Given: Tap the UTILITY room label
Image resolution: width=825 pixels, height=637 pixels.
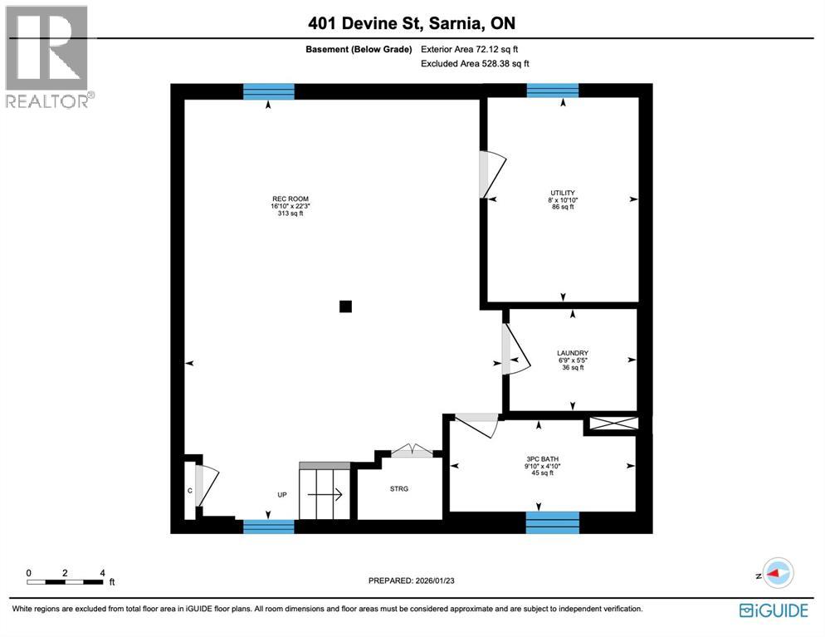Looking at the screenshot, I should point(563,193).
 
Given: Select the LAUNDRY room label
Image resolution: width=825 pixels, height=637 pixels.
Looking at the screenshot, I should point(572,353).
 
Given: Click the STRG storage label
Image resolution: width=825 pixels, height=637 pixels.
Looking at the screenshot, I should point(398,488).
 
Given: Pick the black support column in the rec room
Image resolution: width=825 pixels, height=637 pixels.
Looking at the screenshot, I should point(346,306).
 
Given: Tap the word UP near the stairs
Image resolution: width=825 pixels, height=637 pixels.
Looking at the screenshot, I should point(282,495).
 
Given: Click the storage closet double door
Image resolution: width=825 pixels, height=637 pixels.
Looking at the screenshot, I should point(412,452).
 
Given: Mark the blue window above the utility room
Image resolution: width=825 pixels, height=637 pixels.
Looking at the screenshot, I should point(552,91).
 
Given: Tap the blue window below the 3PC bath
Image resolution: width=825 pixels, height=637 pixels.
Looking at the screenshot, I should point(552,522).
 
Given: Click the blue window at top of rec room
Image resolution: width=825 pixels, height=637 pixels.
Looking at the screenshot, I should point(268,91).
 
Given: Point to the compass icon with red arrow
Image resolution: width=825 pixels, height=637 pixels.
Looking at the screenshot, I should point(778,574).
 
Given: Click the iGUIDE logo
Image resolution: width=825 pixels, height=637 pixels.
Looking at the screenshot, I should point(773,610).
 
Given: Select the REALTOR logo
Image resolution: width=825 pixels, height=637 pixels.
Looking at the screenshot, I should point(47,56).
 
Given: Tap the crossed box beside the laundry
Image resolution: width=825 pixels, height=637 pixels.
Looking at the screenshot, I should point(613,424).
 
